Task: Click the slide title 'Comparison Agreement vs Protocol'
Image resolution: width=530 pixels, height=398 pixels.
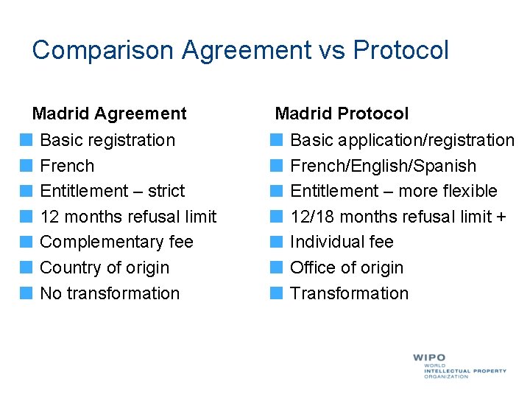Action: (x=240, y=50)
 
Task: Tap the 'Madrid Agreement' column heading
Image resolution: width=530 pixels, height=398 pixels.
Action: (x=110, y=114)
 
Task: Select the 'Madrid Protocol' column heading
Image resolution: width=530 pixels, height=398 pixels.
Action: (x=342, y=114)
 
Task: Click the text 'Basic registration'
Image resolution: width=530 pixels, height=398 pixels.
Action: (x=107, y=140)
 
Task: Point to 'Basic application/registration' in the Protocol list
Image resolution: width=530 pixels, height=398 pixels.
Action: (x=402, y=140)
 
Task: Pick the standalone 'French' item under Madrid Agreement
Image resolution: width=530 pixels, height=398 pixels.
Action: (x=67, y=166)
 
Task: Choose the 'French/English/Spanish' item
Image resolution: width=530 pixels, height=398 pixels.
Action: (x=383, y=166)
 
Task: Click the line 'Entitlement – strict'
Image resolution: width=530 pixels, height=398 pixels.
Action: (x=112, y=191)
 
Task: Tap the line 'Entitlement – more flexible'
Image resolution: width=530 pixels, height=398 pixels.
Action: (x=394, y=191)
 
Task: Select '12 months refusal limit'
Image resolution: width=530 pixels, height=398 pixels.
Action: (x=128, y=217)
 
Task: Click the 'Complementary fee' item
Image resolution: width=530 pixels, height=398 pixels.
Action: (x=116, y=242)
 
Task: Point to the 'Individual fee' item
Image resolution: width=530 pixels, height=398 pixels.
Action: (x=342, y=242)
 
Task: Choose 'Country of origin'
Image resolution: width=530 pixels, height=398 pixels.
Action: (x=105, y=268)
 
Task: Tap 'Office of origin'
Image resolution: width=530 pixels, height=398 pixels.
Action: (x=347, y=268)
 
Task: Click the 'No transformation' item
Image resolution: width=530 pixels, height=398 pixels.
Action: (x=110, y=293)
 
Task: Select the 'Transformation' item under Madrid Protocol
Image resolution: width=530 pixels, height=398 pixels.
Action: (x=349, y=293)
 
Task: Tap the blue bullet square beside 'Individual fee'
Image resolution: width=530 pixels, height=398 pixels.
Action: (x=276, y=242)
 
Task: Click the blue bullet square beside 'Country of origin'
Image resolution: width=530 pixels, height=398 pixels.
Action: (x=26, y=268)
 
